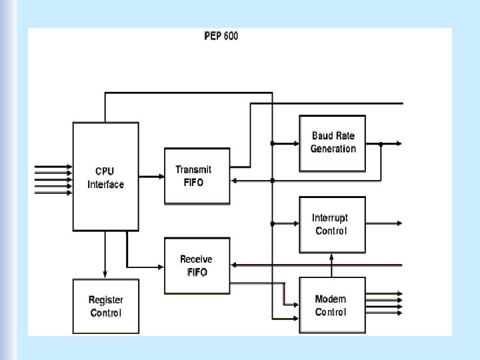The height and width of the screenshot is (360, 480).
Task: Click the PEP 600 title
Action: (221, 35)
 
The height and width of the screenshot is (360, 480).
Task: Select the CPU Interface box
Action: (105, 176)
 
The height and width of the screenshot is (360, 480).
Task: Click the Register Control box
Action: (105, 307)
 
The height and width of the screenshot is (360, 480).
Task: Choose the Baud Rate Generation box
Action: (333, 143)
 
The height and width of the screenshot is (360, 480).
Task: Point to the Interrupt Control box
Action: (331, 225)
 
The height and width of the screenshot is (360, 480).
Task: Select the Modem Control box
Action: (331, 305)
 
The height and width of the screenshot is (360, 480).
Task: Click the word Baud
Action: (323, 137)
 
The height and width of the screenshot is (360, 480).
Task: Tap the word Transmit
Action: (193, 170)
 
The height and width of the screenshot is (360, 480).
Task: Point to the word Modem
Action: (331, 299)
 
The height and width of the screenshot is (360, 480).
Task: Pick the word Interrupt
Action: (330, 218)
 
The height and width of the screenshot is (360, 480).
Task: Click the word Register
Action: (106, 301)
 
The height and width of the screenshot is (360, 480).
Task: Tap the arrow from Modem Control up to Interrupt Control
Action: (331, 264)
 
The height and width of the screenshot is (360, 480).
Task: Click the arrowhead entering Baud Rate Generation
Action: (295, 143)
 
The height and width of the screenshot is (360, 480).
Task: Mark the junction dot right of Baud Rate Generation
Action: (381, 143)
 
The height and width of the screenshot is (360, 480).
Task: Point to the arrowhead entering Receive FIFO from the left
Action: (161, 267)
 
